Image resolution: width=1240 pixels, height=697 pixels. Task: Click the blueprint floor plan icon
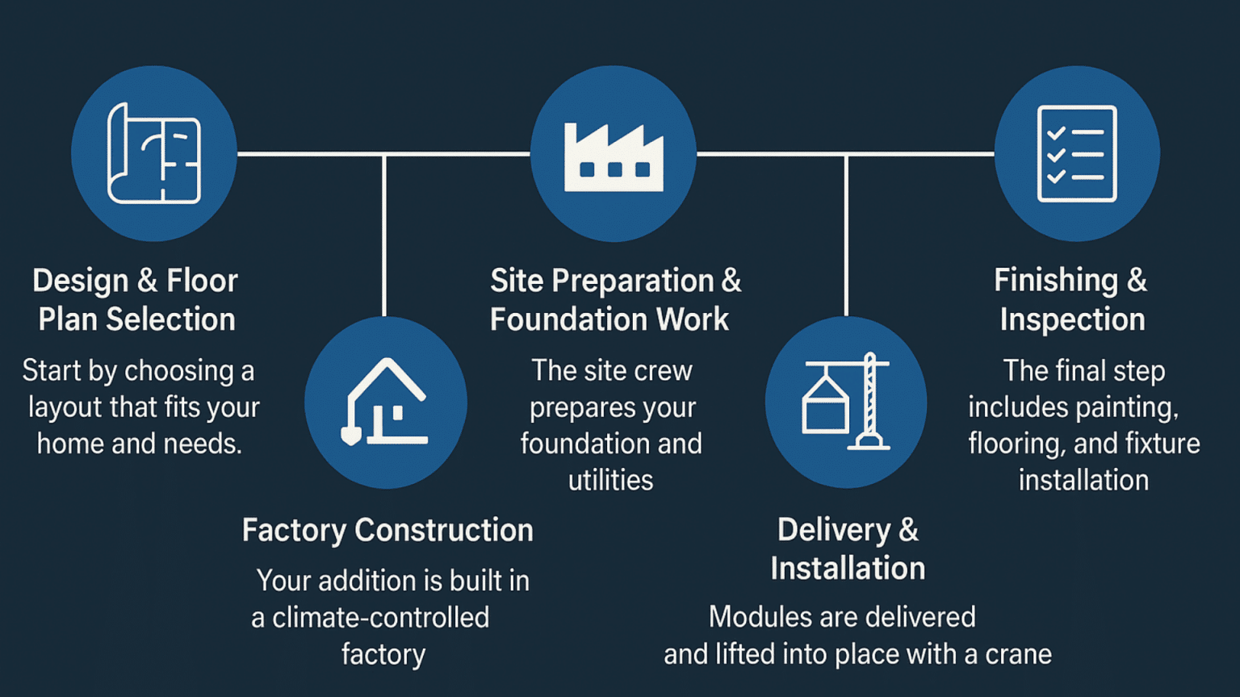(154, 153)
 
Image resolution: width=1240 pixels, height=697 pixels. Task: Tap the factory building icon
(614, 157)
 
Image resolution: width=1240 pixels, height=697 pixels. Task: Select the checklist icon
(1077, 153)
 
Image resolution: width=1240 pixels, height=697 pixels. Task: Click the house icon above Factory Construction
(386, 402)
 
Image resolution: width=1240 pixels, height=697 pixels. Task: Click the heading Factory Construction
(387, 530)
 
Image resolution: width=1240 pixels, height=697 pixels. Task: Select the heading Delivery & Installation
(848, 549)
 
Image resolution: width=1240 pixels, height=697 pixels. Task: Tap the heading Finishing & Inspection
(1071, 299)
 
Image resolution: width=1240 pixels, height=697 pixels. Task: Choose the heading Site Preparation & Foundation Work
(614, 299)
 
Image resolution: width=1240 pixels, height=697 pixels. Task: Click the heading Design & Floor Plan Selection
(136, 299)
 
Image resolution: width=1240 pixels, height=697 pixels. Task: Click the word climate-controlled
(380, 618)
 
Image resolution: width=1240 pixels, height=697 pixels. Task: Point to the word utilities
(611, 480)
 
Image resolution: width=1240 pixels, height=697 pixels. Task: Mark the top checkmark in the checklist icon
(1056, 133)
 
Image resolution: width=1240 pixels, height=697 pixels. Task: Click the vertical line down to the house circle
(384, 234)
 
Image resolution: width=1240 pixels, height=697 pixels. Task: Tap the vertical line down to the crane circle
(846, 234)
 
